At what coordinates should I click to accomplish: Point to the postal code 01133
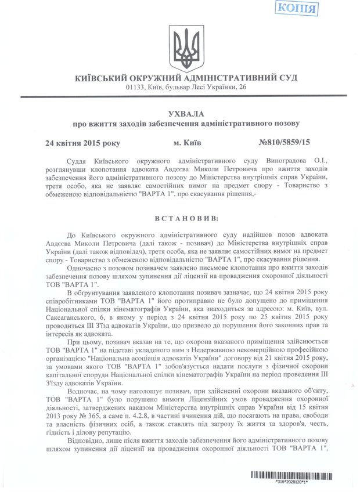click(x=135, y=87)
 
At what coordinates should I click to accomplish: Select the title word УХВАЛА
click(x=179, y=114)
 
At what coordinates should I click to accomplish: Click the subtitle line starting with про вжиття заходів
click(x=179, y=124)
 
